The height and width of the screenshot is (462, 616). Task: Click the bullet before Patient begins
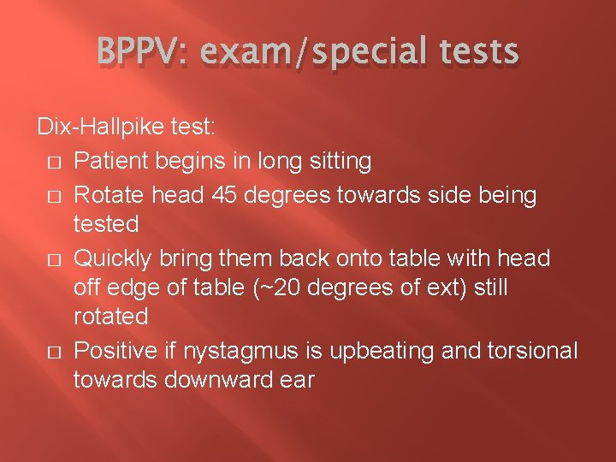tap(53, 161)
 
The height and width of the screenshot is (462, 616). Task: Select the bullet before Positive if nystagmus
tap(53, 351)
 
